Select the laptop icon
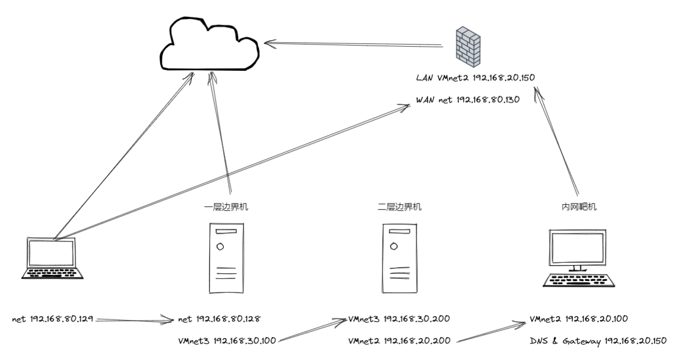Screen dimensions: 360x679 [53, 258]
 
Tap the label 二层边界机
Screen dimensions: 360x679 [393, 207]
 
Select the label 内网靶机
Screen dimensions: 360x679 [575, 207]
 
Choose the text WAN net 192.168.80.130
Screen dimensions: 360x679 [467, 100]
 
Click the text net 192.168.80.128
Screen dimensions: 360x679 [219, 318]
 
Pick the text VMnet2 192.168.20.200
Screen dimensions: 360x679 [399, 340]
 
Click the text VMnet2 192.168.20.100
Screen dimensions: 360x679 [579, 318]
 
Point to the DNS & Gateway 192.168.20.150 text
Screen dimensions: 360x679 [598, 340]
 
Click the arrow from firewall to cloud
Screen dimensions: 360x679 [354, 42]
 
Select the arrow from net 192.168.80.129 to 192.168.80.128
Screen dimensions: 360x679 [135, 318]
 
